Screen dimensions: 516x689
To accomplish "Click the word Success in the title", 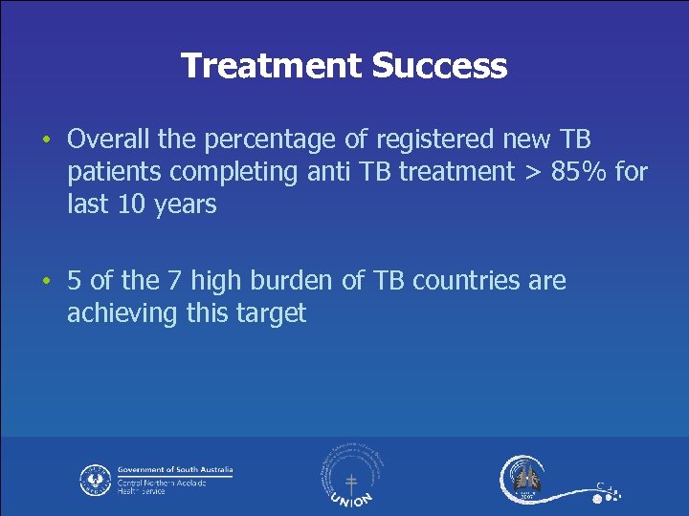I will click(439, 66).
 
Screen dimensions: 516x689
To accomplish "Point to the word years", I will click(186, 204).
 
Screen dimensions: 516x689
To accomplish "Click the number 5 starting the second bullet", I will click(75, 281).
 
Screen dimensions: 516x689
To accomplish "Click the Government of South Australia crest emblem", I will click(96, 479).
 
